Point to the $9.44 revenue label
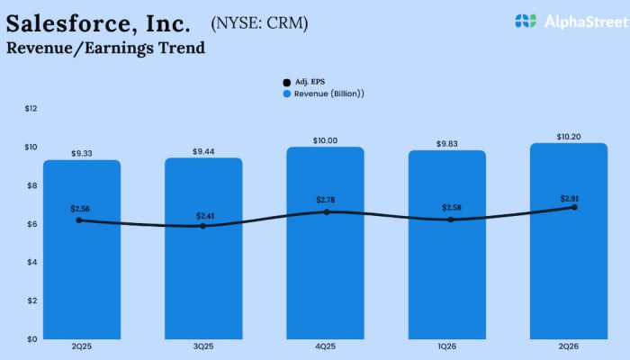203,152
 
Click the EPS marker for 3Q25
202,226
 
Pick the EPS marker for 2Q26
574,207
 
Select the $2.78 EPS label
326,199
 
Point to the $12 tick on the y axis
31,108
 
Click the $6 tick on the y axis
31,223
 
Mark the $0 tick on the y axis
31,338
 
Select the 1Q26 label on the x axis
447,346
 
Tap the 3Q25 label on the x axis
203,346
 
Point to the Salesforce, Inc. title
98,22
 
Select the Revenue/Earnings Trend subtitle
105,48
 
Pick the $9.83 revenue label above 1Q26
447,143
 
